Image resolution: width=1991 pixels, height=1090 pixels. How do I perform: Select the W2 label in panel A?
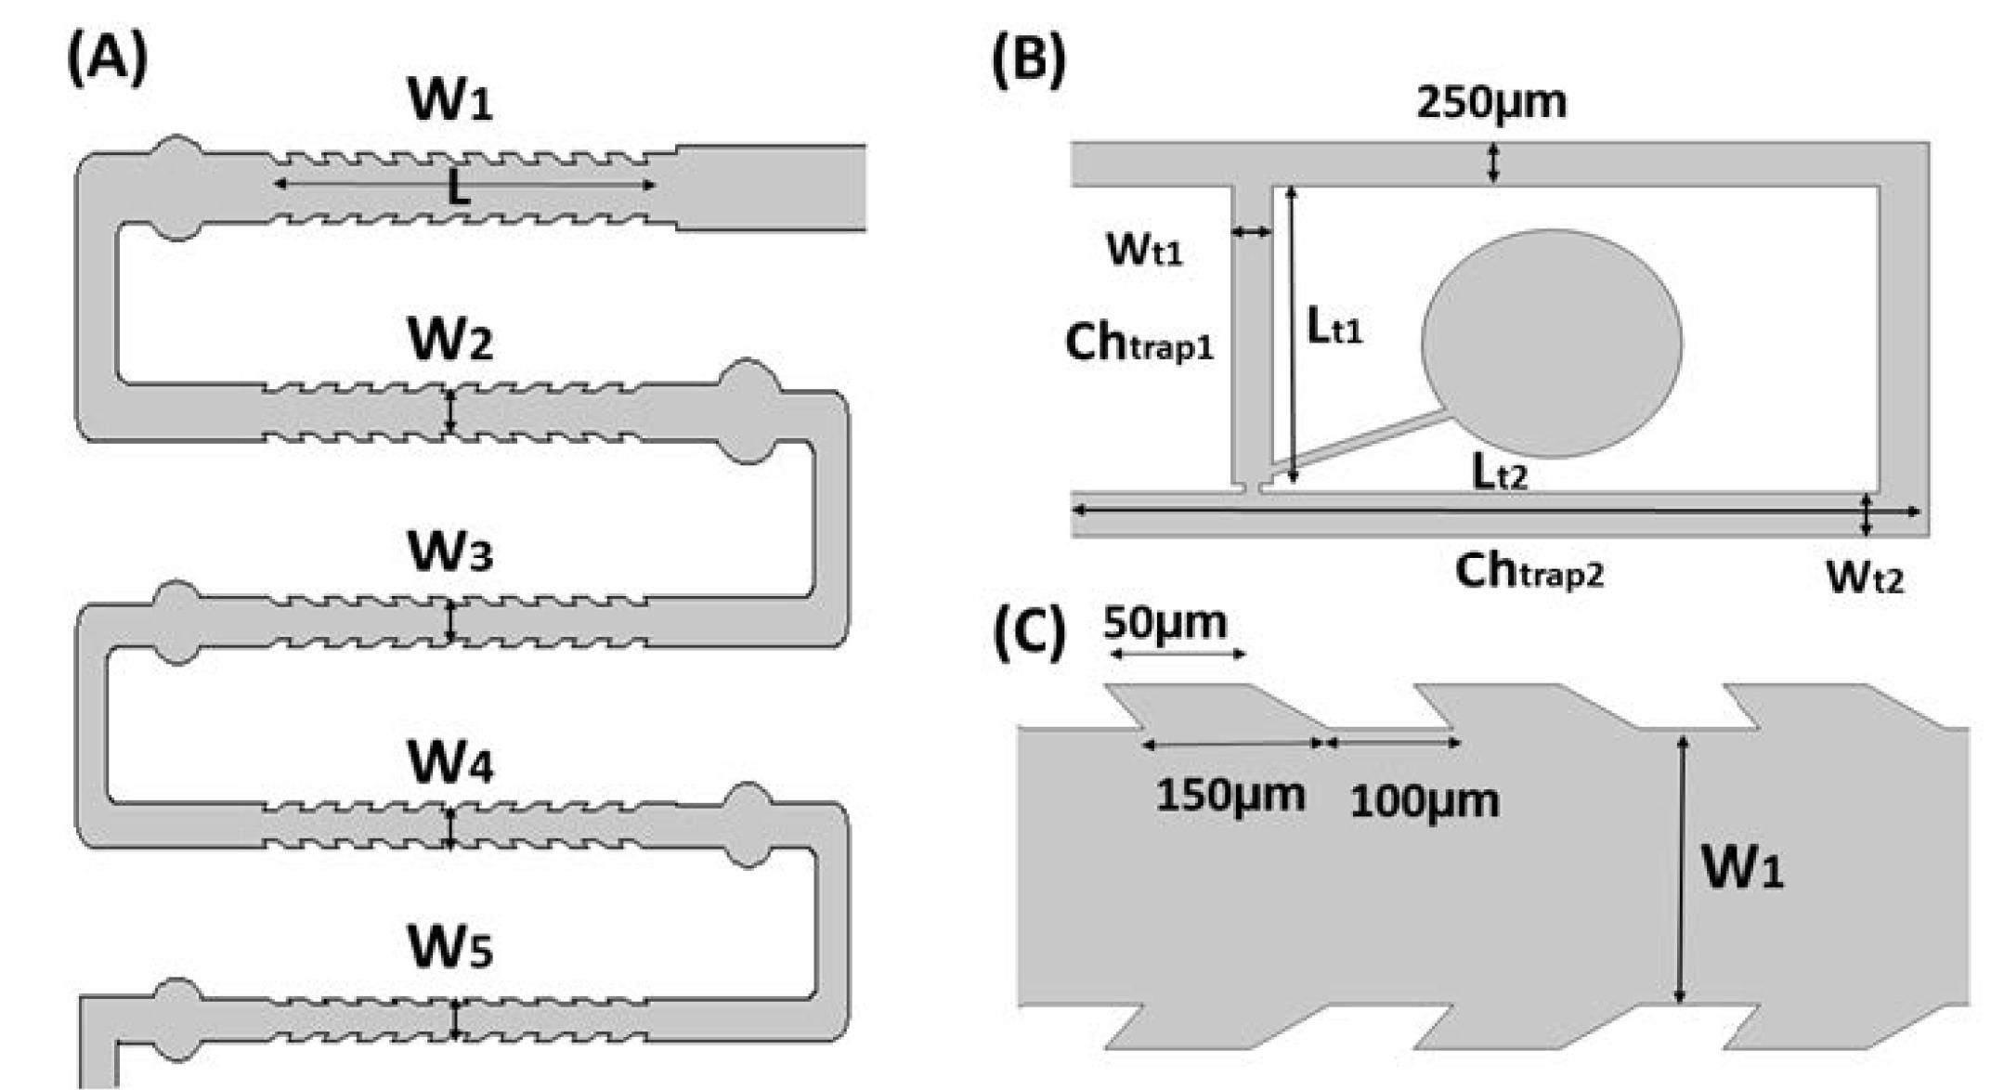pyautogui.click(x=450, y=341)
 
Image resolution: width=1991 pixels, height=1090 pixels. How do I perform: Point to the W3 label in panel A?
pyautogui.click(x=450, y=552)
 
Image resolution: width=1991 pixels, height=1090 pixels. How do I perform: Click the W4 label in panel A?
pyautogui.click(x=450, y=763)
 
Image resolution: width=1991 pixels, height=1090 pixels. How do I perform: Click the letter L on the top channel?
pyautogui.click(x=458, y=189)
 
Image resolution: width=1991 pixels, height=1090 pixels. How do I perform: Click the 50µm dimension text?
pyautogui.click(x=1165, y=623)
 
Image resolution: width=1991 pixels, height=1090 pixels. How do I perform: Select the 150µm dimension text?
pyautogui.click(x=1230, y=796)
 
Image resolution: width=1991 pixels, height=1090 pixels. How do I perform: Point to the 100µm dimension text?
pyautogui.click(x=1424, y=801)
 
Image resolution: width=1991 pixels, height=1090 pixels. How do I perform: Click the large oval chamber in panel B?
pyautogui.click(x=1552, y=344)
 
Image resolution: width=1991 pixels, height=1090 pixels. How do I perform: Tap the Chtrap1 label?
pyautogui.click(x=1139, y=344)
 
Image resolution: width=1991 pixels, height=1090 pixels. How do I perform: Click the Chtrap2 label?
pyautogui.click(x=1529, y=571)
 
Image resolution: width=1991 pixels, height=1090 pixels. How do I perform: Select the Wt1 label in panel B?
pyautogui.click(x=1144, y=249)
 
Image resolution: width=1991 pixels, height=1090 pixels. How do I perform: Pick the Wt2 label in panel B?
pyautogui.click(x=1864, y=577)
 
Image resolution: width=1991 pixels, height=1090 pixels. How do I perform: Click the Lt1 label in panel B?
pyautogui.click(x=1334, y=328)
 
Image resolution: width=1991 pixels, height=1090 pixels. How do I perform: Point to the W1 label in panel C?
pyautogui.click(x=1741, y=870)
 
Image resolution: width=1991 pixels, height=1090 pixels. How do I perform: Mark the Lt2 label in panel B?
pyautogui.click(x=1499, y=474)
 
